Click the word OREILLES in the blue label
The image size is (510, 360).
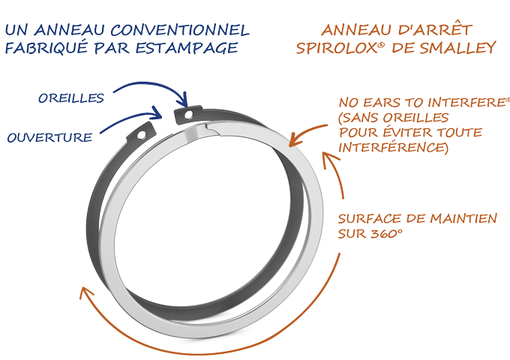coord(71,97)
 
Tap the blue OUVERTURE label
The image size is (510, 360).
coord(49,137)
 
